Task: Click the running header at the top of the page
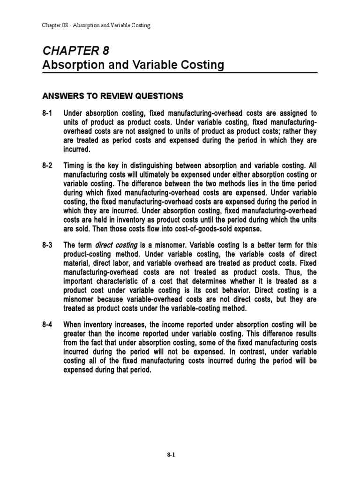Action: pos(96,25)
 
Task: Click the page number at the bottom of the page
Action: pos(180,455)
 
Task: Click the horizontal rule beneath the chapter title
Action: pos(180,73)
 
